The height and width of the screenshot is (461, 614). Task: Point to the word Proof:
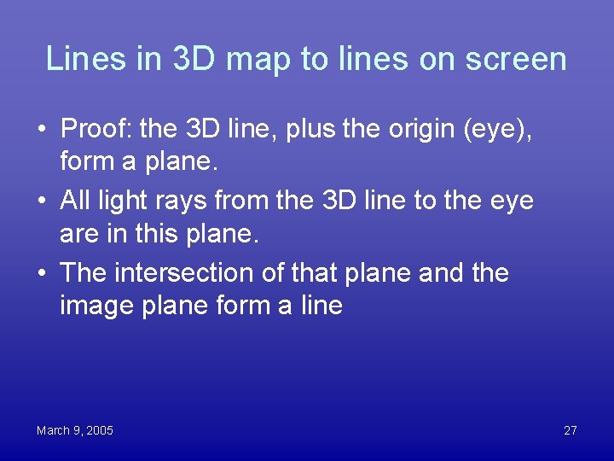click(x=96, y=129)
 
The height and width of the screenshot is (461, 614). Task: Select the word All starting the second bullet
click(x=76, y=201)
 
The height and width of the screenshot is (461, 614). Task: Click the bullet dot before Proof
click(x=41, y=130)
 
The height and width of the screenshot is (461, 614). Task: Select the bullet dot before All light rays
click(x=41, y=201)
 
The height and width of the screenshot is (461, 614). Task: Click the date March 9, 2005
click(x=75, y=430)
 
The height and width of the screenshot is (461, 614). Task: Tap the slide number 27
click(x=571, y=430)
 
